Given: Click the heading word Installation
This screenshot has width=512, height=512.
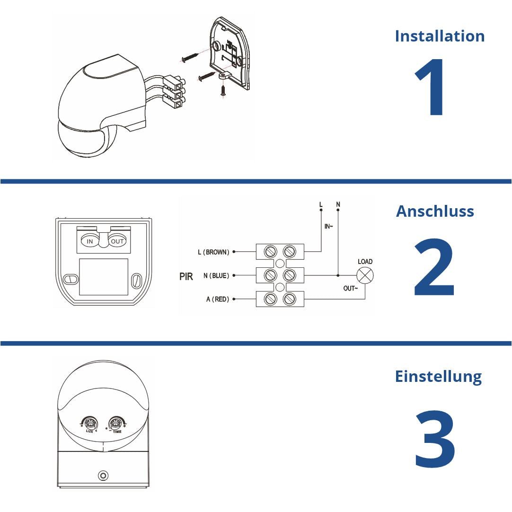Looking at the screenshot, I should pos(440,36).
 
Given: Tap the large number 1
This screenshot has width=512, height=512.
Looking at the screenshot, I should pos(431,88).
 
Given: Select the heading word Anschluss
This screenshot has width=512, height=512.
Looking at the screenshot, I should pos(435,211).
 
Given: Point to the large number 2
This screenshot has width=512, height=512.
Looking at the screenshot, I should pos(434,267).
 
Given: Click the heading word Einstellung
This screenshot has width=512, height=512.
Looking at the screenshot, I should pos(438,377).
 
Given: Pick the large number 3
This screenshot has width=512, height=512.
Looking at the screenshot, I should pos(435,439).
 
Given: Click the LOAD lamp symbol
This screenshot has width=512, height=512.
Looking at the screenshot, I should pos(365,275).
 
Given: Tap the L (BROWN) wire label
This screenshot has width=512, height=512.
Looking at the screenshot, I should pos(213,252).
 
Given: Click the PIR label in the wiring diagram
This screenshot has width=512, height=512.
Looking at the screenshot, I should pos(186,277).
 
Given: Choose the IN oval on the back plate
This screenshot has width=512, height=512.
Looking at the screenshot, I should pos(90,241).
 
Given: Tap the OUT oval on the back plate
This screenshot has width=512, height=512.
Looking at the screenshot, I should pos(117,241).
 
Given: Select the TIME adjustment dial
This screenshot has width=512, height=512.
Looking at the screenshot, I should pos(116,423).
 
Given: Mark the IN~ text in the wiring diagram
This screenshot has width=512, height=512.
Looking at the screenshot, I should pos(329,227).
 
